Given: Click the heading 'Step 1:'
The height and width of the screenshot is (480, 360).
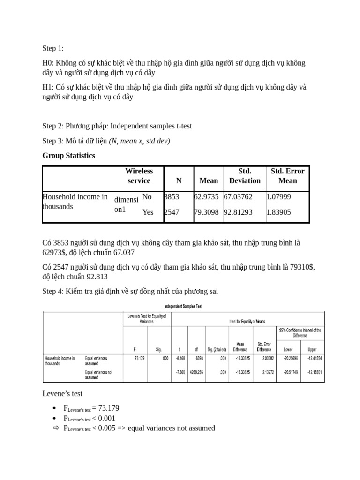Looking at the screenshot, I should (53, 49).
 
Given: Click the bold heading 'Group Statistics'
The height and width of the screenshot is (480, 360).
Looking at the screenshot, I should (68, 156).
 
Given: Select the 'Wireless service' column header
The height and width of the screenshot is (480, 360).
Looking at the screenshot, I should (139, 176).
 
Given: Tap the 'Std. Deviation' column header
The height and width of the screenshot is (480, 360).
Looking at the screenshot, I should (245, 176).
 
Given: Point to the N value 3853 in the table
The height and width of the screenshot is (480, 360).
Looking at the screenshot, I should (172, 197).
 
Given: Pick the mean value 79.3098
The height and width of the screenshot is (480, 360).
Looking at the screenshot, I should (206, 212).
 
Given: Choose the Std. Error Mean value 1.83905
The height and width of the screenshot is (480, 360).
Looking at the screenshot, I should (278, 212).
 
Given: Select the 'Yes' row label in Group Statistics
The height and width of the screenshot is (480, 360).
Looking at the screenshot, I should (148, 212).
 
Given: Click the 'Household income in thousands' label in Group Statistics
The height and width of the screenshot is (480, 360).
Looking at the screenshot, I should (75, 202).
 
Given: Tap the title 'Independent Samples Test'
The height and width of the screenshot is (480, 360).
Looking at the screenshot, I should (183, 307).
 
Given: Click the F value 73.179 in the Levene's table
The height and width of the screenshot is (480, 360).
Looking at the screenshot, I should (139, 359).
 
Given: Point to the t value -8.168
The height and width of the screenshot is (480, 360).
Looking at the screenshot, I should (180, 359).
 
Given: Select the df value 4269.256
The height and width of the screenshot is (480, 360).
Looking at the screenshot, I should (196, 372).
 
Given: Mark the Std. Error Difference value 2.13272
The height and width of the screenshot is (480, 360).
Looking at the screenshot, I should (264, 372).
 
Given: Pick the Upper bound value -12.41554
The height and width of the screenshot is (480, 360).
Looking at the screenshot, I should (312, 359).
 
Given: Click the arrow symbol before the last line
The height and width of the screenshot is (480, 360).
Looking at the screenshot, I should (57, 428).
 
